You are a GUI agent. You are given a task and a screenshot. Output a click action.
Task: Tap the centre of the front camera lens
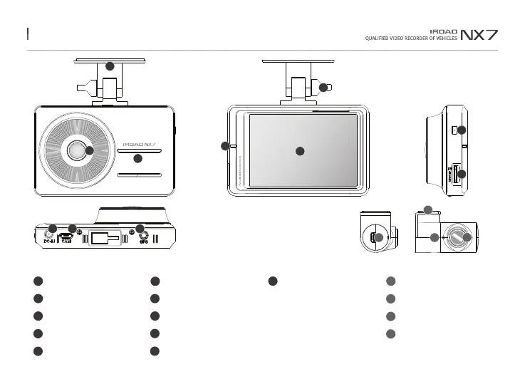pyautogui.click(x=76, y=150)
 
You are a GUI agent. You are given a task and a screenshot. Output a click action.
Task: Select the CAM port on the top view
pyautogui.click(x=66, y=235)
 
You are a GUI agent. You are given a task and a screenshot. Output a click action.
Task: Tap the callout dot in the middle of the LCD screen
pyautogui.click(x=300, y=150)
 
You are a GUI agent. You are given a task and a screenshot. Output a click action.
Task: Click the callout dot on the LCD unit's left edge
pyautogui.click(x=225, y=146)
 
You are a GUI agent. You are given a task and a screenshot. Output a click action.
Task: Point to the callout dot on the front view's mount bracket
pyautogui.click(x=110, y=66)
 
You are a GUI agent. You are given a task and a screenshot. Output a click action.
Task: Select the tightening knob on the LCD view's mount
pyautogui.click(x=324, y=88)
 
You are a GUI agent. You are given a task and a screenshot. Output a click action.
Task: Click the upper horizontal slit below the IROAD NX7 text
pyautogui.click(x=140, y=151)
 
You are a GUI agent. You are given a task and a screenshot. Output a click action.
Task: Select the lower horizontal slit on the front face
pyautogui.click(x=140, y=173)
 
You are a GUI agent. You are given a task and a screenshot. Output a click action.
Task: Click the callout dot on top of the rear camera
pyautogui.click(x=427, y=209)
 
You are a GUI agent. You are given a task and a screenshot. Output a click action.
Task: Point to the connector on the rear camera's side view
pyautogui.click(x=374, y=237)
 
